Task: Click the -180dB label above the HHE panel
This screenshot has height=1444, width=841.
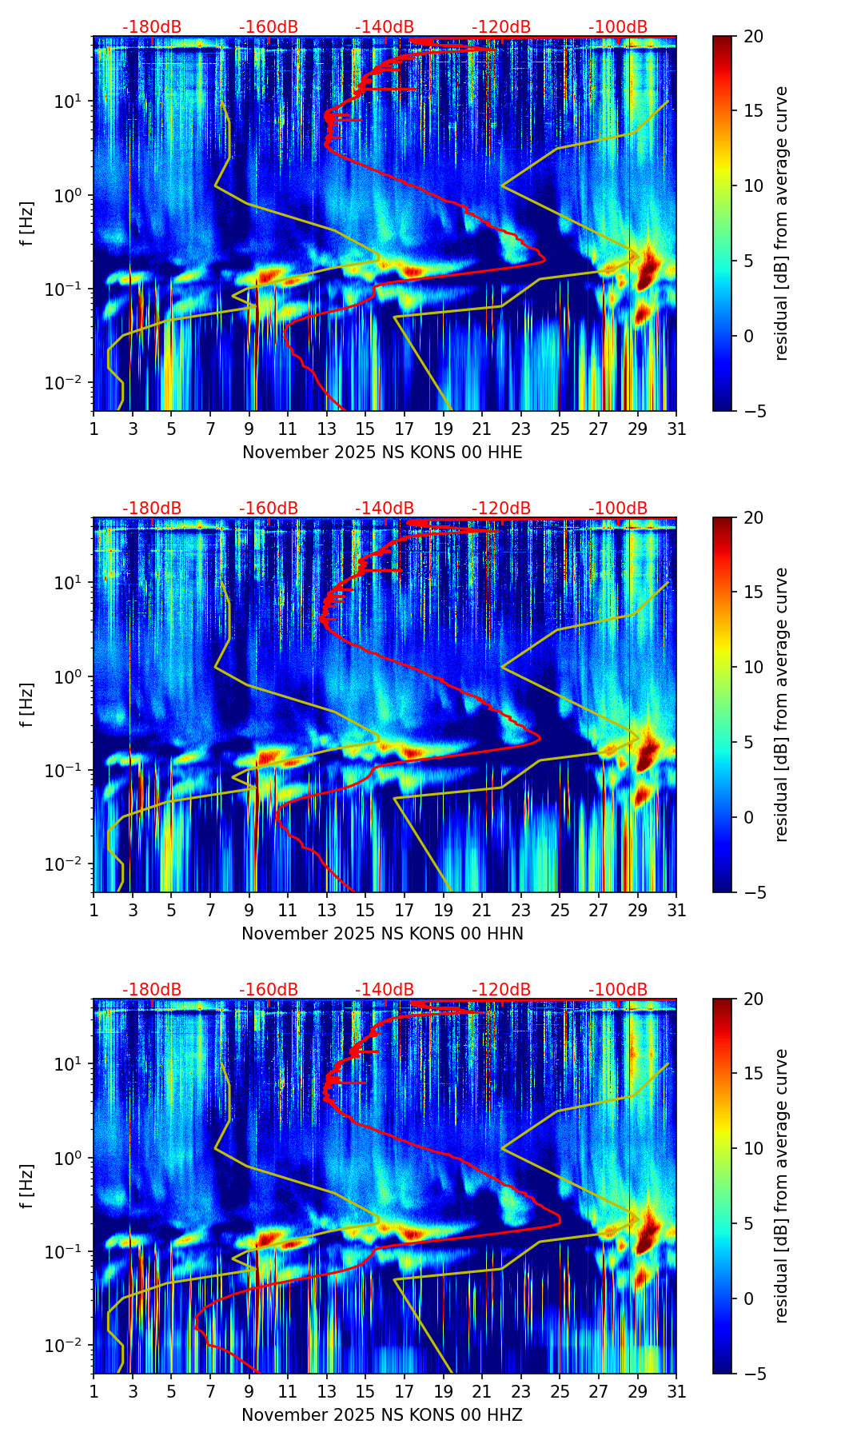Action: (152, 27)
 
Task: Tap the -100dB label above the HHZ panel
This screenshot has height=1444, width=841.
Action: (618, 990)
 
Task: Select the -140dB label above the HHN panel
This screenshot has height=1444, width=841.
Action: (385, 509)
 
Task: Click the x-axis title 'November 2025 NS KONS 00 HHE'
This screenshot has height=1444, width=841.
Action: (382, 453)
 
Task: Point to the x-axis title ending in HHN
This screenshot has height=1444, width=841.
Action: (382, 934)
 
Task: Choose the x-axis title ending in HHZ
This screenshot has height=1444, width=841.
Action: (382, 1415)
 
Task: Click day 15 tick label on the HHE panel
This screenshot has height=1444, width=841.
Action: (365, 429)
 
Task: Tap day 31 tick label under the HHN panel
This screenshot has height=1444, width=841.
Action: (676, 911)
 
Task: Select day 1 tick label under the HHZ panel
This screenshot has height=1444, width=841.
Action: (94, 1392)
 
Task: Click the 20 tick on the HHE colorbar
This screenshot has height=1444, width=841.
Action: (754, 36)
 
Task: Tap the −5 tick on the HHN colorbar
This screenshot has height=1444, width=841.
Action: (751, 892)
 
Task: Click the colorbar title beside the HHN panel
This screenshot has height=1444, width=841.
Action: (781, 704)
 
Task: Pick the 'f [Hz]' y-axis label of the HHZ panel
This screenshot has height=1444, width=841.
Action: (28, 1186)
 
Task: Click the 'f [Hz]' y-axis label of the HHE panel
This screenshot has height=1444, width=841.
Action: (28, 223)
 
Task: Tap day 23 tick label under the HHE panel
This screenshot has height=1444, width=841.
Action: (520, 429)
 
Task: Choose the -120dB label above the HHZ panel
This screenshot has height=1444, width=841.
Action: (501, 990)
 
